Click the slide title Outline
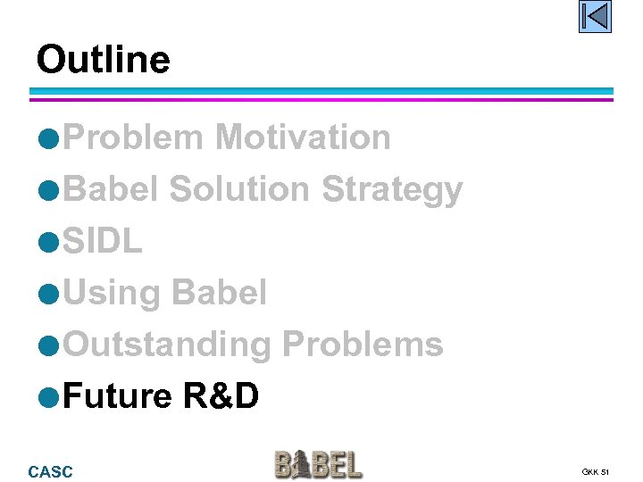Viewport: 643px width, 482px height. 103,60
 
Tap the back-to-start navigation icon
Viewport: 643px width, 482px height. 594,17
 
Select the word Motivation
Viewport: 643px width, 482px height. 303,137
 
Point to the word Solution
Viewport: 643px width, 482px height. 238,189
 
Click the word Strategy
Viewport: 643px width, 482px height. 392,190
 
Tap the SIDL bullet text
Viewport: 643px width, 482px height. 104,241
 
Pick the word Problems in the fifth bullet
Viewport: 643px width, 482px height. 363,344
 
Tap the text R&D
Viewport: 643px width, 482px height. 221,395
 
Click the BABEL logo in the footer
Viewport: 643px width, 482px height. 318,465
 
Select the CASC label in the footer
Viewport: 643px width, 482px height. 51,471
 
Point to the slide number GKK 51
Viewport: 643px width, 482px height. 595,471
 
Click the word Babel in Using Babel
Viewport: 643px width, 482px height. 218,293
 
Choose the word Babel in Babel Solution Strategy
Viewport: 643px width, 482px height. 112,189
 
